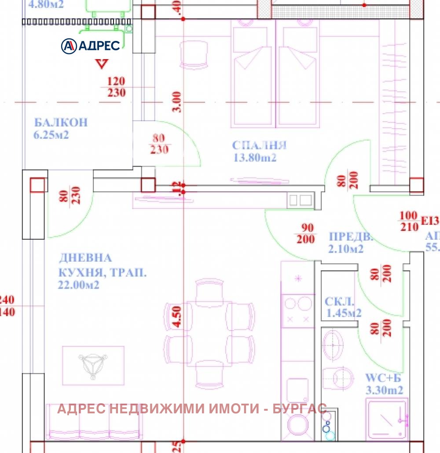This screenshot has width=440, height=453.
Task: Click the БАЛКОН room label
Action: pos(61,122)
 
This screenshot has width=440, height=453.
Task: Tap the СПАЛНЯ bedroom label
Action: pos(259,145)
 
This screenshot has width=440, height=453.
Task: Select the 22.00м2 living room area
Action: pos(78,285)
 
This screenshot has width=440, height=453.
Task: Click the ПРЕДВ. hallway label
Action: pos(351,237)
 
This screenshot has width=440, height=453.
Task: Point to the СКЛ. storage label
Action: pos(339,302)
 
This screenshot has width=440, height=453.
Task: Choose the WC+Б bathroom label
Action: pos(383,378)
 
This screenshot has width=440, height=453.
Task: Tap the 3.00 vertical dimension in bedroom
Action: pos(176,102)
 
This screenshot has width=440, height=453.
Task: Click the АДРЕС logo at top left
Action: pos(91,45)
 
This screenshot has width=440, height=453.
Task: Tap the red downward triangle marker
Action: pos(102,64)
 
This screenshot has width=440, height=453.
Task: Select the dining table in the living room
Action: pos(209,334)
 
